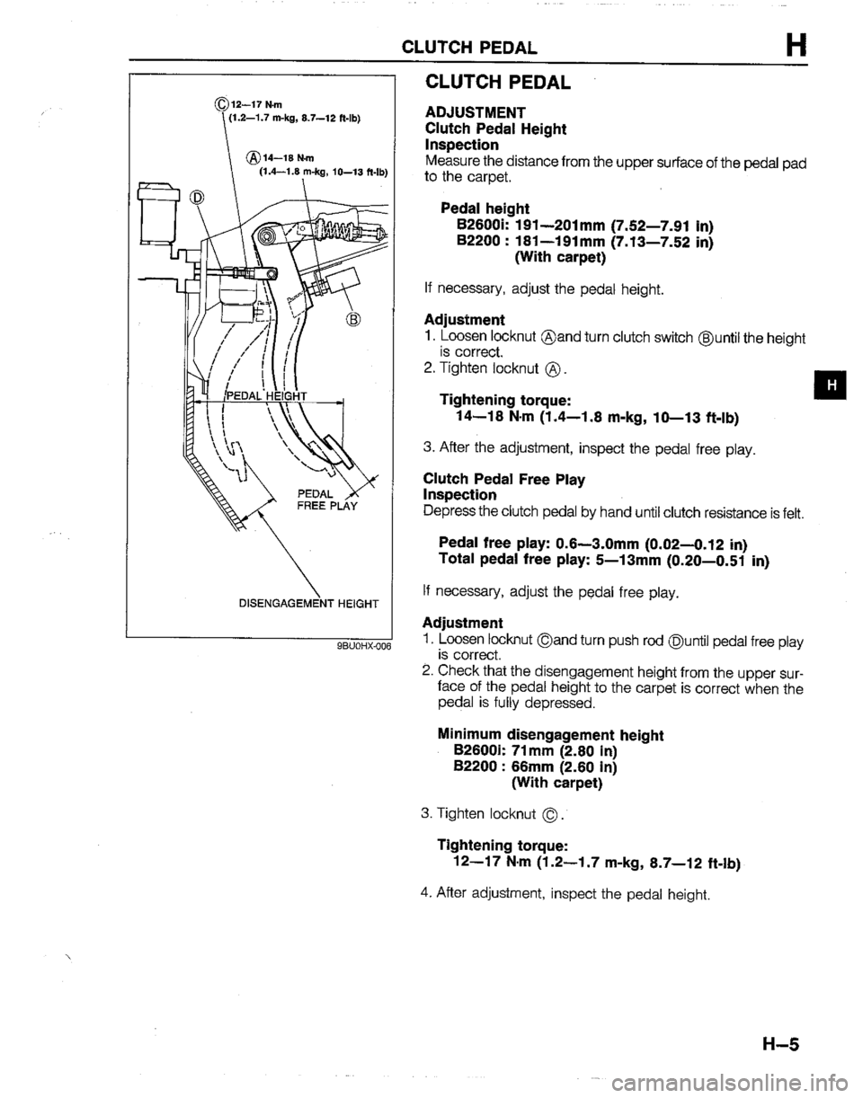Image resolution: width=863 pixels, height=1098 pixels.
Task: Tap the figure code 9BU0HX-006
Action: point(362,644)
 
